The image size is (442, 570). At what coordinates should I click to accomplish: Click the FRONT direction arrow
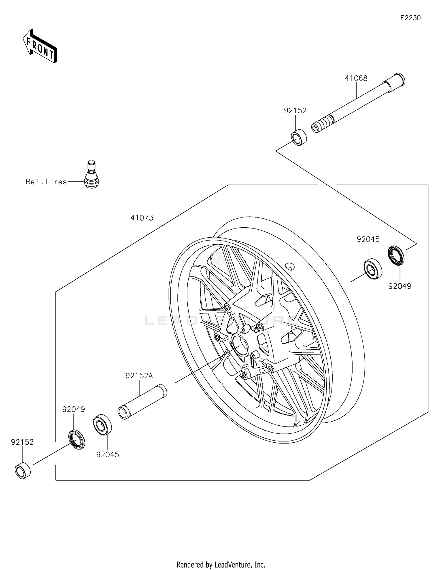40,46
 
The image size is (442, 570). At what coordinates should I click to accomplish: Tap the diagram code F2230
410,18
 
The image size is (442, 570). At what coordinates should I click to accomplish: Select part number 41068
356,78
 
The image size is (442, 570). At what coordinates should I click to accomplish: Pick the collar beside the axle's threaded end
299,137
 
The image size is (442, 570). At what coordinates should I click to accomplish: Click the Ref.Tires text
46,182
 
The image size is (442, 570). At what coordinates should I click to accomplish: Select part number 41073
142,218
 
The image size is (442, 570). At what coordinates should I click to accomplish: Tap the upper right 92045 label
368,239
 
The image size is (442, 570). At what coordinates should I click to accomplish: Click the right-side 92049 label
400,286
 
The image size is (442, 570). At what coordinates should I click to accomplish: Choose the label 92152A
139,376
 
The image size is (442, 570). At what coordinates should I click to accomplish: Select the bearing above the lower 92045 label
102,424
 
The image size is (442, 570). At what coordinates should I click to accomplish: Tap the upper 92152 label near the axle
295,111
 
